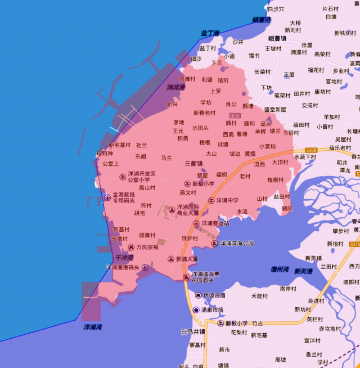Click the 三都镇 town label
(193, 163)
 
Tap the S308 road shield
(311, 150)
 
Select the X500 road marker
(235, 116)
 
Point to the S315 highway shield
(354, 244)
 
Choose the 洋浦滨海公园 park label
(236, 244)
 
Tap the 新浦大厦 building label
(187, 259)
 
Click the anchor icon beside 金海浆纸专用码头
(107, 197)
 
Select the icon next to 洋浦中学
(211, 200)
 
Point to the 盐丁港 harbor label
(209, 34)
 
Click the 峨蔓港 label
(261, 20)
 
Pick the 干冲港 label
(124, 257)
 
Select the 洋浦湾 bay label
(92, 327)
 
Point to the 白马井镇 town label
(193, 332)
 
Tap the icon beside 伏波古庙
(198, 295)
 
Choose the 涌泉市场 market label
(212, 310)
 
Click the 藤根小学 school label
(236, 324)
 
